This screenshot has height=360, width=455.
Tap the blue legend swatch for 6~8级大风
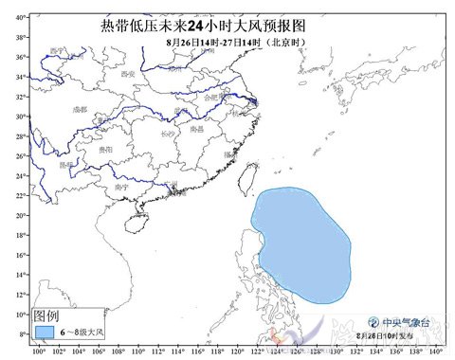tap(45, 332)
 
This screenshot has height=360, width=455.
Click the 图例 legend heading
tap(46, 314)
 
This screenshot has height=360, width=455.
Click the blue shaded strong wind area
tap(301, 244)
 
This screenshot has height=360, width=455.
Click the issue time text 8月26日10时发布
tap(388, 335)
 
